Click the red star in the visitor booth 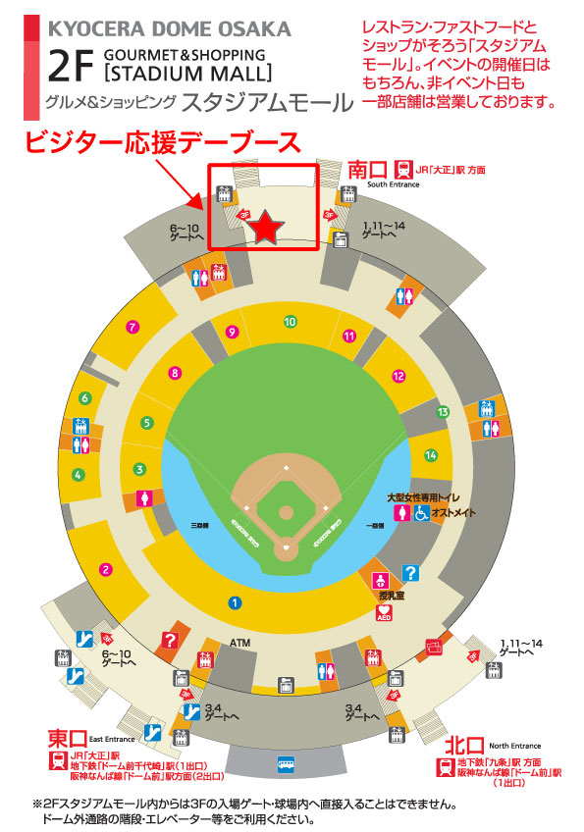click(x=266, y=228)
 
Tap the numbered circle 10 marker click(x=290, y=321)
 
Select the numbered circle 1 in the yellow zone click(x=234, y=602)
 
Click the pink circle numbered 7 click(x=133, y=327)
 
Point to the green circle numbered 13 click(x=443, y=411)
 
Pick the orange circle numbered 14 click(x=430, y=455)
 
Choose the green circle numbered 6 click(x=85, y=398)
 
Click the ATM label click(x=240, y=643)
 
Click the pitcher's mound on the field click(x=286, y=512)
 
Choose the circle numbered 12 click(x=398, y=376)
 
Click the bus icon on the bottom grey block click(x=286, y=760)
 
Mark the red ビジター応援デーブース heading click(x=161, y=142)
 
